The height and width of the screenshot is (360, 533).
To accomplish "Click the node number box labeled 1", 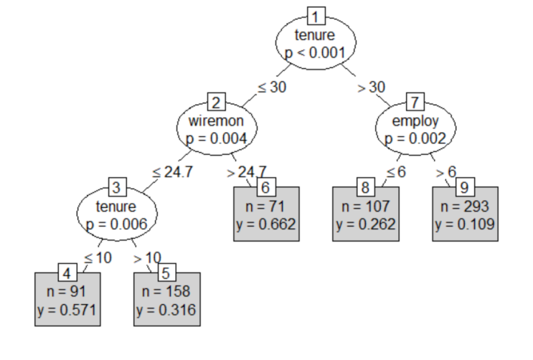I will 316,16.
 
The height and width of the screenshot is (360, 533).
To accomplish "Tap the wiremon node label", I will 217,121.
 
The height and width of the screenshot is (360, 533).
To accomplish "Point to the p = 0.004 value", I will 217,138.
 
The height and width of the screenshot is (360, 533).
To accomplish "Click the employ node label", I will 416,121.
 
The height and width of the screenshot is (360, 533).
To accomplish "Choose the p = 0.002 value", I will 416,138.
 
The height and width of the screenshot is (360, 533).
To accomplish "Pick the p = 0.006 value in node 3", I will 117,224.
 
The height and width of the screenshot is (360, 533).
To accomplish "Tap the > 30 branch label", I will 371,87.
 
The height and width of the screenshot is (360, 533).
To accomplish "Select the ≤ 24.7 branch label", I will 171,173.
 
